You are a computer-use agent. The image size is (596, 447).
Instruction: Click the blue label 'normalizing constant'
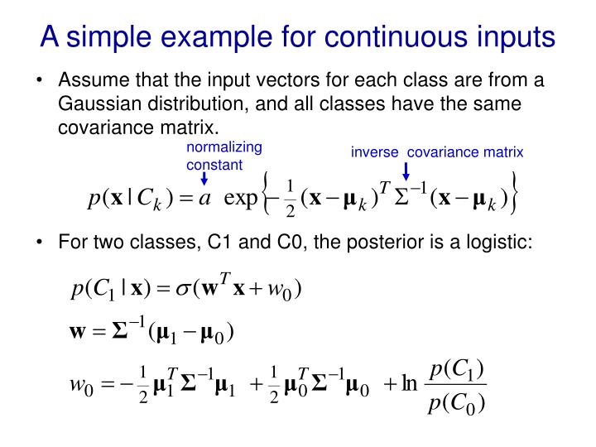[214, 156]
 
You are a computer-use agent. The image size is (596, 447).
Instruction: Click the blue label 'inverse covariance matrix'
[437, 152]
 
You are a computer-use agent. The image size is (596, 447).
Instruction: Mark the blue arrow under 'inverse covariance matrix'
[406, 171]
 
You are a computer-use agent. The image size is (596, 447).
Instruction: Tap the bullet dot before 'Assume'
[40, 82]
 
